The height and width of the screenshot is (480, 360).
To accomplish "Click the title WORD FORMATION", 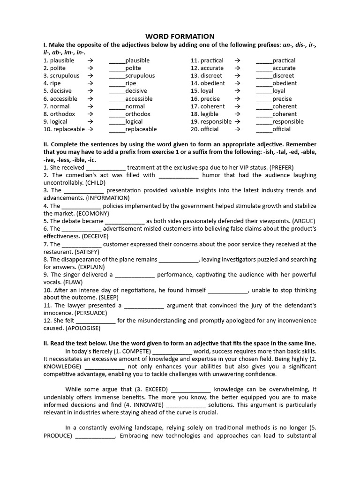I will click(180, 36).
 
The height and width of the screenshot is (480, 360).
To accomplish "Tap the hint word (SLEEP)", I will click(109, 298).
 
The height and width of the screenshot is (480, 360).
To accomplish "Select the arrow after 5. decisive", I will click(90, 91).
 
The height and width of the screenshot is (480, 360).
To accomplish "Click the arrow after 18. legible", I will click(237, 114).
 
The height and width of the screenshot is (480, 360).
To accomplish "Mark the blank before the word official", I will click(264, 129).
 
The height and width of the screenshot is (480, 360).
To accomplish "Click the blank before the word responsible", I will click(264, 122).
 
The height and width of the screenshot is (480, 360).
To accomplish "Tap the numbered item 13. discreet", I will click(207, 75).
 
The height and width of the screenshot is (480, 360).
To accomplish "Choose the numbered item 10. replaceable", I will click(64, 129).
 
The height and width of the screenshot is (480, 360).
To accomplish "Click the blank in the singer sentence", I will click(135, 275).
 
